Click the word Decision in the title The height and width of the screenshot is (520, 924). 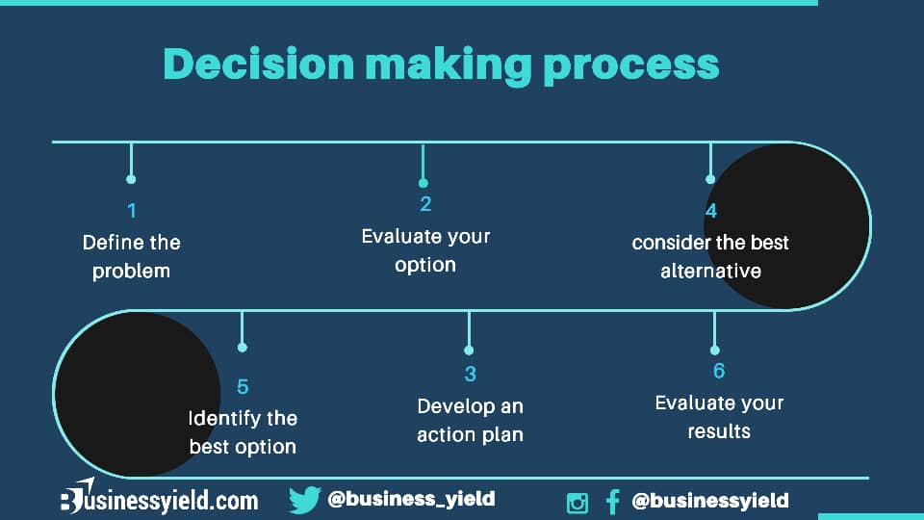point(259,64)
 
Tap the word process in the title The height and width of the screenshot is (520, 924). point(631,67)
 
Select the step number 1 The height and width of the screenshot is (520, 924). point(132,211)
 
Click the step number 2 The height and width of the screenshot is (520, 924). point(425,204)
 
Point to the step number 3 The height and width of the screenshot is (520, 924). point(471,374)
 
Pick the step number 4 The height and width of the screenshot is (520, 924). point(711,211)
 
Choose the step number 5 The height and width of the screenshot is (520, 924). point(243,387)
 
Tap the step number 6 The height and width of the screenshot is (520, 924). point(719,371)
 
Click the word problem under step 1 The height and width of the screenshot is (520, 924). point(132,272)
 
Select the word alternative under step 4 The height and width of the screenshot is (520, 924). point(710,272)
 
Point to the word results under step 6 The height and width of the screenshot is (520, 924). point(719,431)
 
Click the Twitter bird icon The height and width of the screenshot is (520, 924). point(305,500)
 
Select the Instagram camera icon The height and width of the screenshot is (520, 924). point(577,503)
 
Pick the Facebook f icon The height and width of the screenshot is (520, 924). point(613,503)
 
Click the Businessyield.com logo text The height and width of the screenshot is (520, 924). point(160,499)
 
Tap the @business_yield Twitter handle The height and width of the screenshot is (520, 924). point(411,499)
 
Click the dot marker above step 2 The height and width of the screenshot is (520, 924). point(423,183)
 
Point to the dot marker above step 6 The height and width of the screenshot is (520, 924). point(715,351)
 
